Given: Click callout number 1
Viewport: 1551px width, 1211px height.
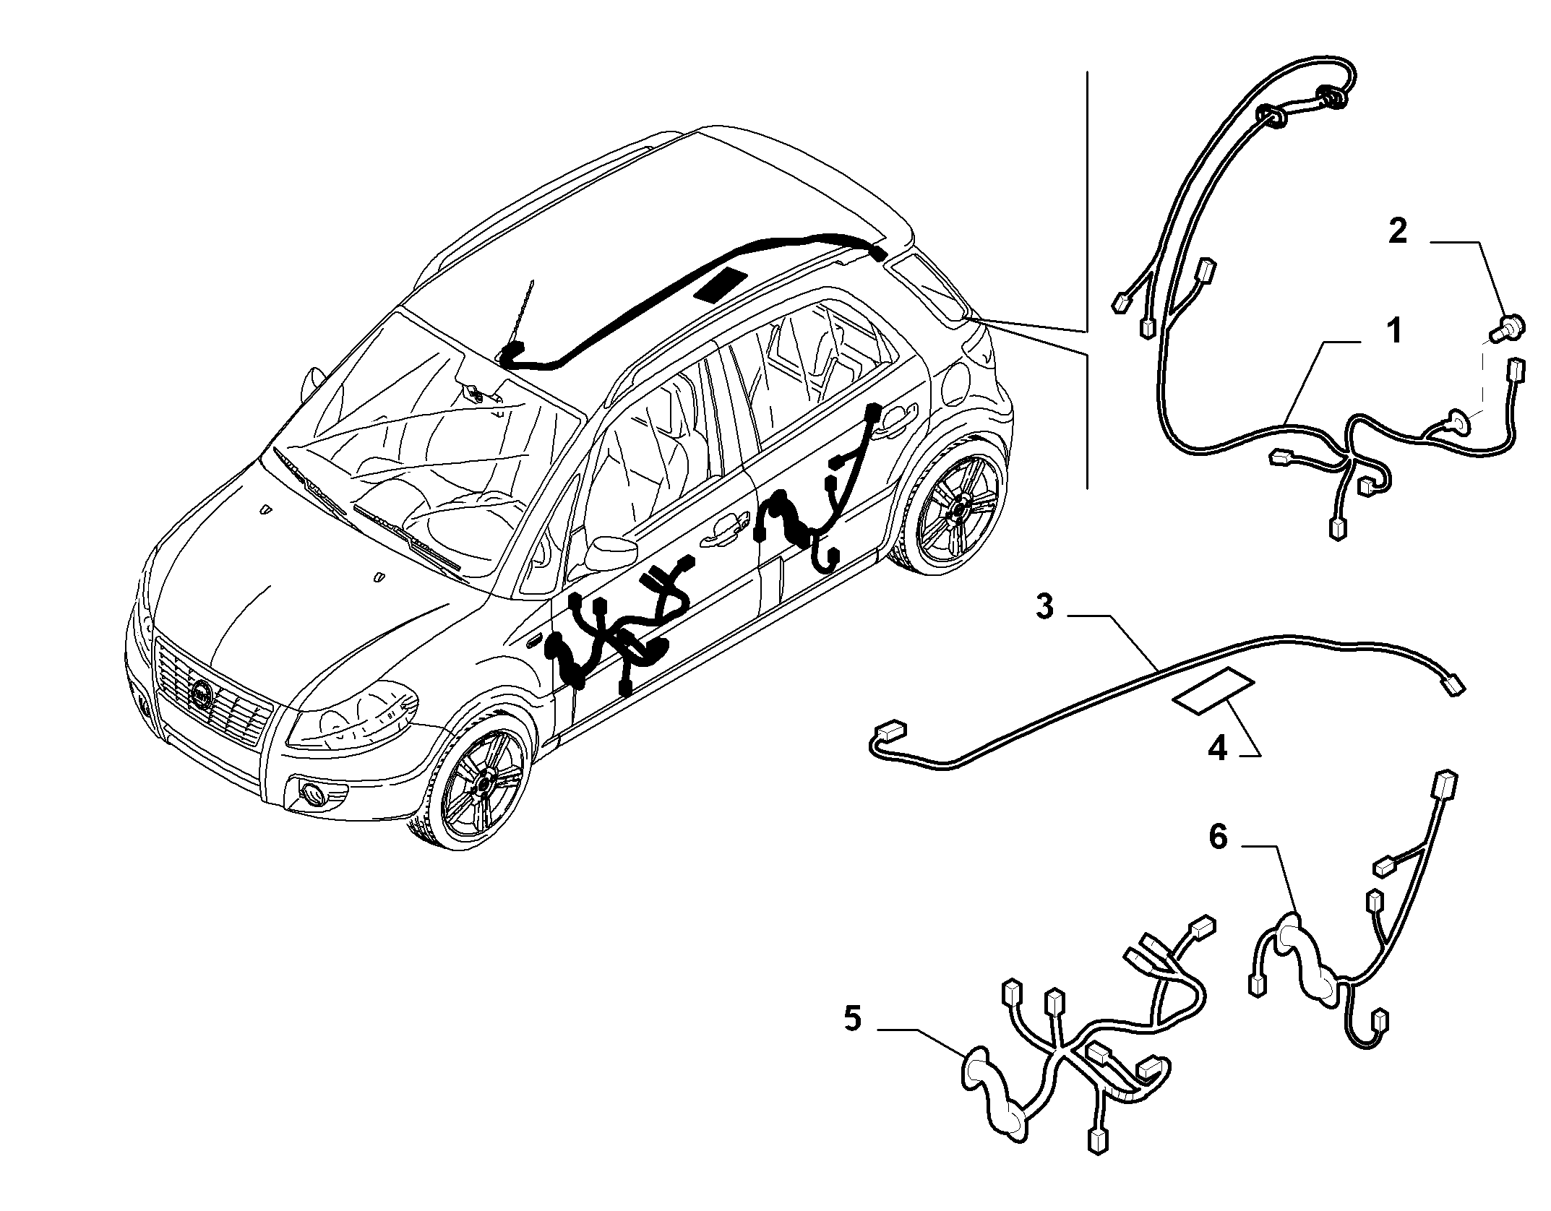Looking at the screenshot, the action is [x=1394, y=332].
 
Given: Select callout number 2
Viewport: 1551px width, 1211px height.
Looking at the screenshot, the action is [x=1398, y=231].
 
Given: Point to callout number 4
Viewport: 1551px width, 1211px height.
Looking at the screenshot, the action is [x=1217, y=749].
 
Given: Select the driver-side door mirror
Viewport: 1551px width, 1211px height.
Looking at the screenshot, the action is [x=605, y=552].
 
